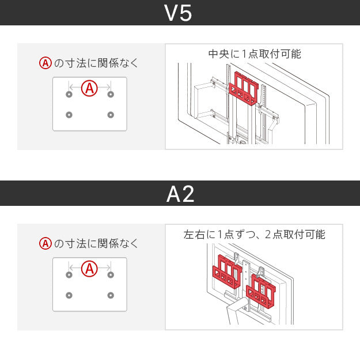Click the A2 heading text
(x=180, y=194)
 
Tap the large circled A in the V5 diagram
(x=89, y=89)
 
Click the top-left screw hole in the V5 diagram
(x=69, y=94)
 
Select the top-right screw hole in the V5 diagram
(x=111, y=94)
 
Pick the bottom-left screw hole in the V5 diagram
(x=69, y=115)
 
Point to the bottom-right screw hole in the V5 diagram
(x=111, y=115)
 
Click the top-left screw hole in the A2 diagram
(x=69, y=274)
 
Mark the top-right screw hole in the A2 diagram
(x=111, y=274)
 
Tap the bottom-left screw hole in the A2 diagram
(x=69, y=295)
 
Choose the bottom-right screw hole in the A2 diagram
(x=111, y=295)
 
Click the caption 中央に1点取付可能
(x=254, y=54)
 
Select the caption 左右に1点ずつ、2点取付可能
(x=254, y=235)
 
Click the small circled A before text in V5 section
(x=46, y=63)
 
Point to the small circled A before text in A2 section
(x=46, y=244)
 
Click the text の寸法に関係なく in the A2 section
(x=96, y=244)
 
